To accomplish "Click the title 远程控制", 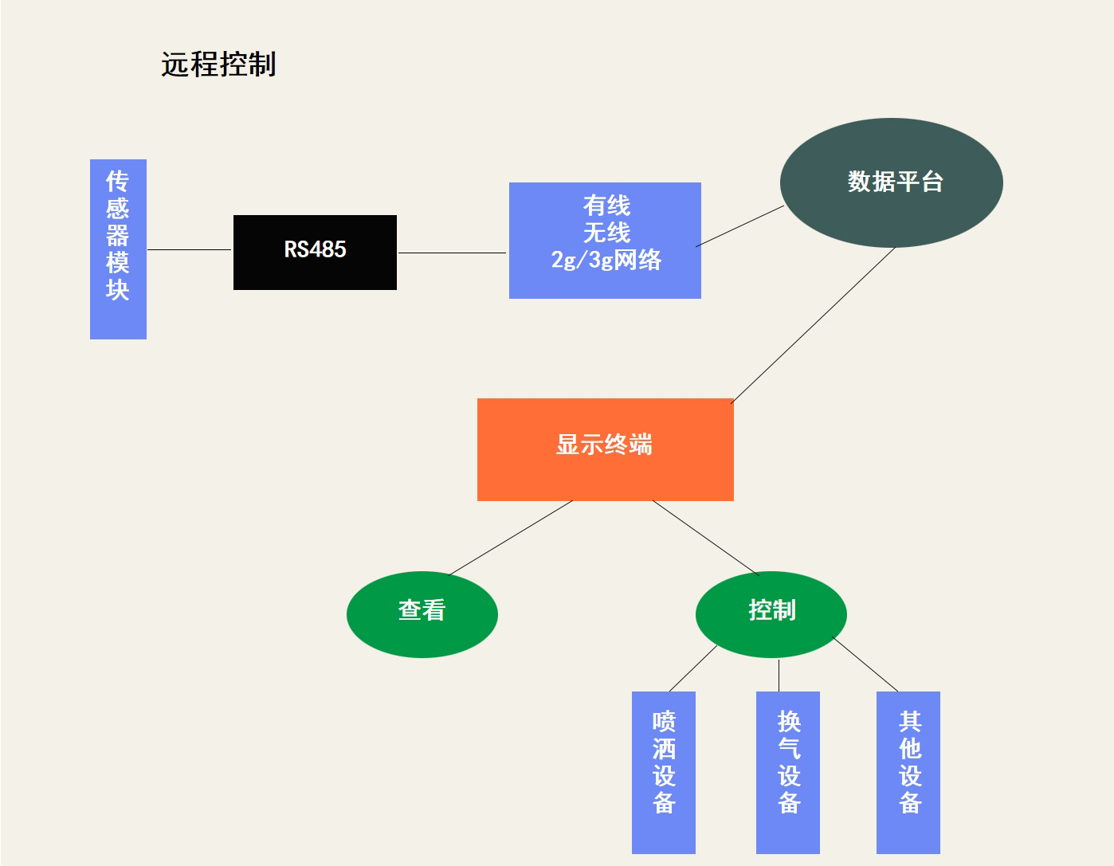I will pyautogui.click(x=218, y=65).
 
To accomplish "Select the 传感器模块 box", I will pyautogui.click(x=118, y=249).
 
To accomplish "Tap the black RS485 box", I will pyautogui.click(x=315, y=252).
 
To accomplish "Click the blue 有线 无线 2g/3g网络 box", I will pyautogui.click(x=605, y=240).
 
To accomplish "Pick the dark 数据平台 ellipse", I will pyautogui.click(x=891, y=182).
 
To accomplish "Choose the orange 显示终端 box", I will pyautogui.click(x=605, y=449).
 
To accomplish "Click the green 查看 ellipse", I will pyautogui.click(x=422, y=614).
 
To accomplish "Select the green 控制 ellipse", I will pyautogui.click(x=771, y=614).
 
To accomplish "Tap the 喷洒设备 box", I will pyautogui.click(x=663, y=772).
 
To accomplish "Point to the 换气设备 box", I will pyautogui.click(x=787, y=772).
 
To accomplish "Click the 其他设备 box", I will pyautogui.click(x=908, y=772).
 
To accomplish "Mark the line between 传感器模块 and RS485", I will pyautogui.click(x=190, y=249).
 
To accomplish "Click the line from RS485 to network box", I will pyautogui.click(x=453, y=253).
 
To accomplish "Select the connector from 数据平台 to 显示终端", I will pyautogui.click(x=813, y=325).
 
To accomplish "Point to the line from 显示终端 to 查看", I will pyautogui.click(x=511, y=538).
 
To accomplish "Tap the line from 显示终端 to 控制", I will pyautogui.click(x=705, y=537).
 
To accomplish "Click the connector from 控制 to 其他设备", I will pyautogui.click(x=865, y=664).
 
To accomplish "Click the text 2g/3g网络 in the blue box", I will pyautogui.click(x=606, y=261).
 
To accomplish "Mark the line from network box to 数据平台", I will pyautogui.click(x=740, y=226).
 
